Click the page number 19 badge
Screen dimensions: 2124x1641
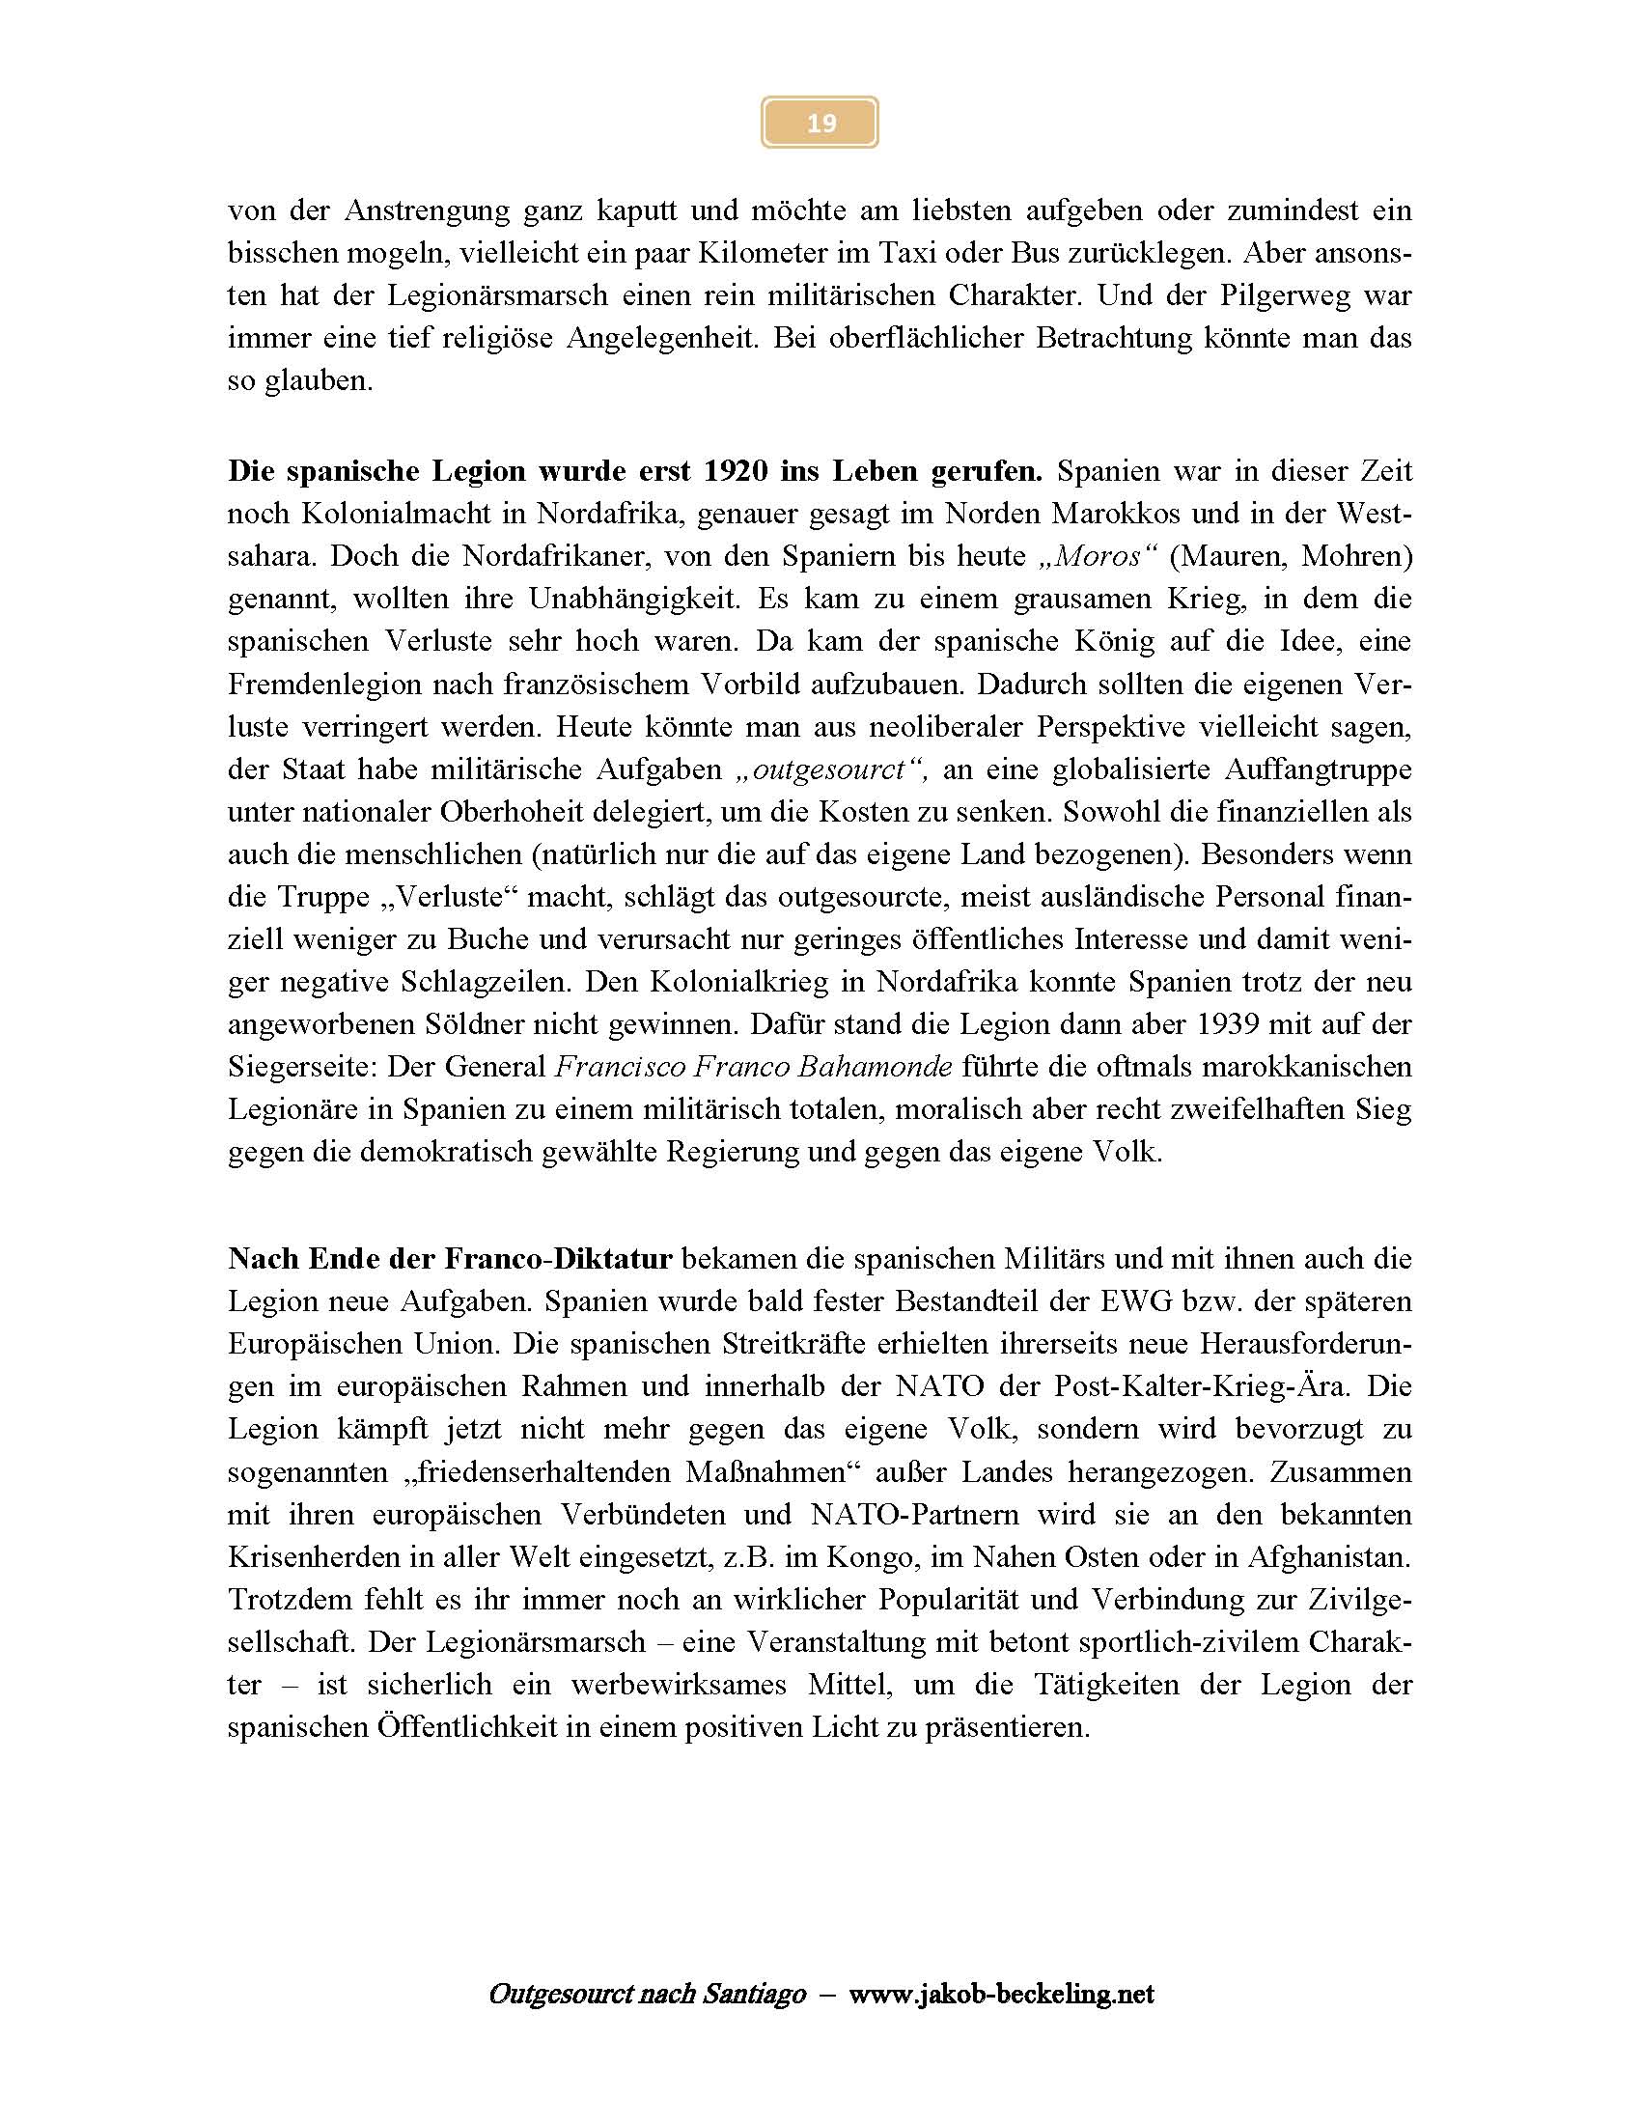point(820,123)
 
